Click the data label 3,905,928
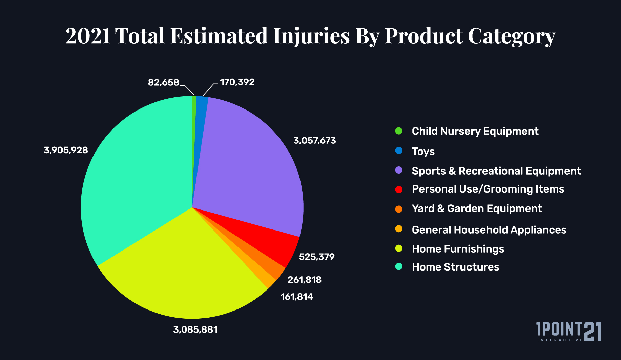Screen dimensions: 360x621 pyautogui.click(x=66, y=150)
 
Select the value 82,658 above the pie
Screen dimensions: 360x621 pyautogui.click(x=163, y=82)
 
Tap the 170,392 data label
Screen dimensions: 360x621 pyautogui.click(x=237, y=82)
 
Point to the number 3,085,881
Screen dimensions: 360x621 pyautogui.click(x=195, y=329)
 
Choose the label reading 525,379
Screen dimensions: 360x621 pyautogui.click(x=316, y=257)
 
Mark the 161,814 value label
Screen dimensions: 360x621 pyautogui.click(x=297, y=297)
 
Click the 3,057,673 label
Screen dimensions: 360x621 pyautogui.click(x=314, y=140)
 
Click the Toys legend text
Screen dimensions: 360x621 pyautogui.click(x=423, y=151)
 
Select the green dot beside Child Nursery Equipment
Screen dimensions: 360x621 pyautogui.click(x=399, y=131)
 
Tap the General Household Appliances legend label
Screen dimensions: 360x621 pyautogui.click(x=489, y=230)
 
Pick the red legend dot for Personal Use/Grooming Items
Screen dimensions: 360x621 pyautogui.click(x=399, y=189)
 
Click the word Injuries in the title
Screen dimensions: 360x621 pyautogui.click(x=311, y=36)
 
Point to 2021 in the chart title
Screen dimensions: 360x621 pyautogui.click(x=88, y=36)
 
